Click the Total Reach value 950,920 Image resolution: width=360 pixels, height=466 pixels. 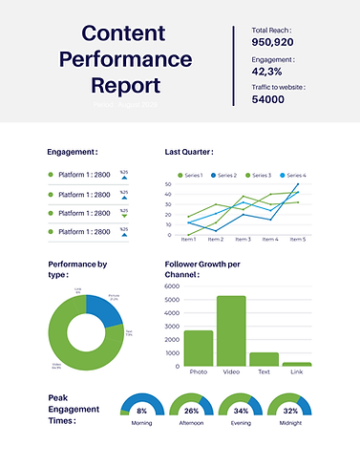(x=272, y=42)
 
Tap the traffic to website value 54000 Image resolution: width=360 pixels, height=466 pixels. (x=268, y=98)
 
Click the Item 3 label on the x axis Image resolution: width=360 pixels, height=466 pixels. (x=244, y=240)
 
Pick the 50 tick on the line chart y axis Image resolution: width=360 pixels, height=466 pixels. (x=168, y=184)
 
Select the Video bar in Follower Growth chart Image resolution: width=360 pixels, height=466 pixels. (x=231, y=330)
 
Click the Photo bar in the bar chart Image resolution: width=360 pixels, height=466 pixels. (x=199, y=348)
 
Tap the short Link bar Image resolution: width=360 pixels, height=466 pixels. (x=297, y=364)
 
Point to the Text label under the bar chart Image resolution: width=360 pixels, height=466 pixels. (x=265, y=371)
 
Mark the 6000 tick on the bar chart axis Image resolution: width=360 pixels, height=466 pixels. (x=172, y=286)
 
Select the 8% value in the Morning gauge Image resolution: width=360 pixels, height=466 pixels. (x=141, y=411)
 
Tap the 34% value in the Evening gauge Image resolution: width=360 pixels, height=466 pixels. (x=241, y=411)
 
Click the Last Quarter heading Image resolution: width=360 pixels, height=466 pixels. (x=189, y=152)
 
